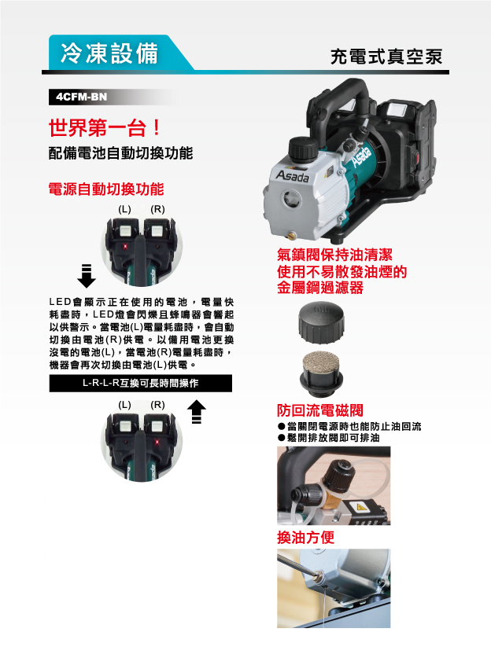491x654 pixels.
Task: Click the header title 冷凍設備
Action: [109, 53]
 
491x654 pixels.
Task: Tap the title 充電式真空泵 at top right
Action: [386, 57]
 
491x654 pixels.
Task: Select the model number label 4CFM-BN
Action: [77, 97]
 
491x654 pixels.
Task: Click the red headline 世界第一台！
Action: [105, 127]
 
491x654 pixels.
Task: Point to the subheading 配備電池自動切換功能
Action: [120, 153]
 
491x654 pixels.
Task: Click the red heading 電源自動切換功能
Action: [106, 189]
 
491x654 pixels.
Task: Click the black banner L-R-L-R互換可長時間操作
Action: [140, 384]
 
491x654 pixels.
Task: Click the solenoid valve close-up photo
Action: [333, 485]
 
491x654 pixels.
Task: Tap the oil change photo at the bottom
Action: [333, 588]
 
